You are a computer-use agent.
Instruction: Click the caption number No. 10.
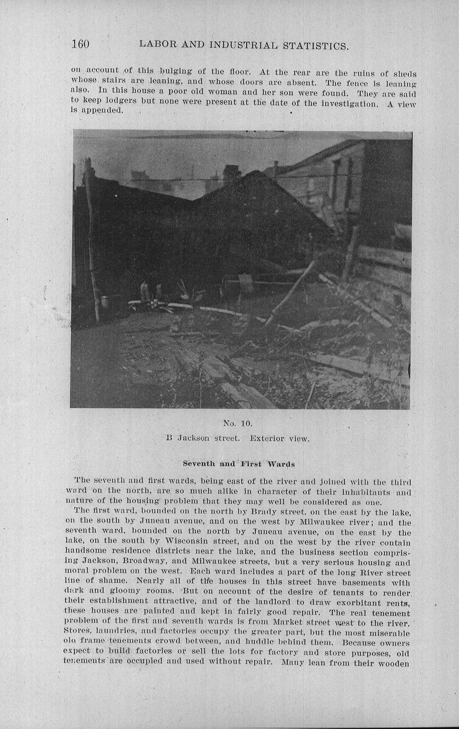click(x=238, y=423)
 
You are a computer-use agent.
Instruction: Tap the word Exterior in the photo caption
click(x=267, y=438)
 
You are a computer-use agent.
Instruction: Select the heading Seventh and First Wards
click(x=239, y=464)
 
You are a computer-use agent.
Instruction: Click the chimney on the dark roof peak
click(x=231, y=174)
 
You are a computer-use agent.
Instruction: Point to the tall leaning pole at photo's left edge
click(x=91, y=238)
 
